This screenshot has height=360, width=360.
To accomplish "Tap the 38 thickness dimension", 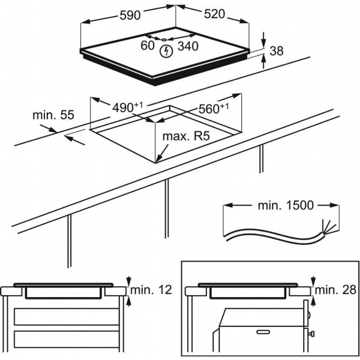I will click(x=277, y=52).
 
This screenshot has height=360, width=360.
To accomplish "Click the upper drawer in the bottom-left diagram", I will click(x=63, y=316).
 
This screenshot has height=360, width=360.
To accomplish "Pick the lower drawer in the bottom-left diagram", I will click(x=63, y=340).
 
